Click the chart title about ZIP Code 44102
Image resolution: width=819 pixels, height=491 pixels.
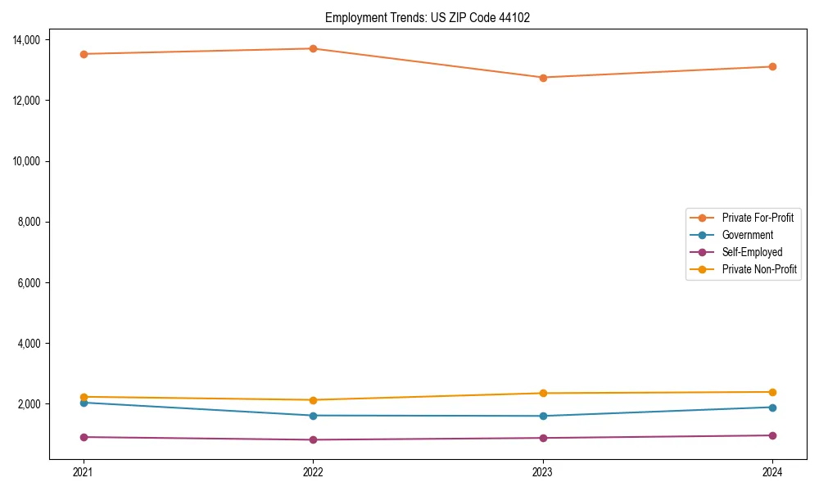tap(428, 17)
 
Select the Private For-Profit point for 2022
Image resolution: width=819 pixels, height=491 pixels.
tap(313, 48)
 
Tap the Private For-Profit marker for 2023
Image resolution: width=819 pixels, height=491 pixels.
tap(543, 78)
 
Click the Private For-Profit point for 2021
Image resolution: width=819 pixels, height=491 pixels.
tap(83, 54)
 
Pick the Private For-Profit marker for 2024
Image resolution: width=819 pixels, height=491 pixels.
tap(772, 66)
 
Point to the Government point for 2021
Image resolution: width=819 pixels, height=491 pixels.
tap(83, 403)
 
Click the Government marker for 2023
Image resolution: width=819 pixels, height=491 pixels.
tap(543, 416)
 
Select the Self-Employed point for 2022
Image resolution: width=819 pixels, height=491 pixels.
tap(313, 439)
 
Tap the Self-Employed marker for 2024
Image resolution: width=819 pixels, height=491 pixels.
tap(772, 435)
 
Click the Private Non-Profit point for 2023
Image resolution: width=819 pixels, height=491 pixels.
tap(543, 393)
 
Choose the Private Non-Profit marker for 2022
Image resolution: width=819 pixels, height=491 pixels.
tap(313, 399)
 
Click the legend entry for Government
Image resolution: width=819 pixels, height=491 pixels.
tap(747, 235)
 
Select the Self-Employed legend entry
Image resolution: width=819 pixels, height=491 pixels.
tap(752, 252)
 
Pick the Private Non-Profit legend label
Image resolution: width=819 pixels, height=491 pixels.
tap(759, 269)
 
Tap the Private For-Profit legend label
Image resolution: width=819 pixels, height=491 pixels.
tap(758, 218)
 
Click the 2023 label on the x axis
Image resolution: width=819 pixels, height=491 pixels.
tap(543, 472)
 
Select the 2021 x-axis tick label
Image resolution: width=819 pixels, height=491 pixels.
tap(83, 472)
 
